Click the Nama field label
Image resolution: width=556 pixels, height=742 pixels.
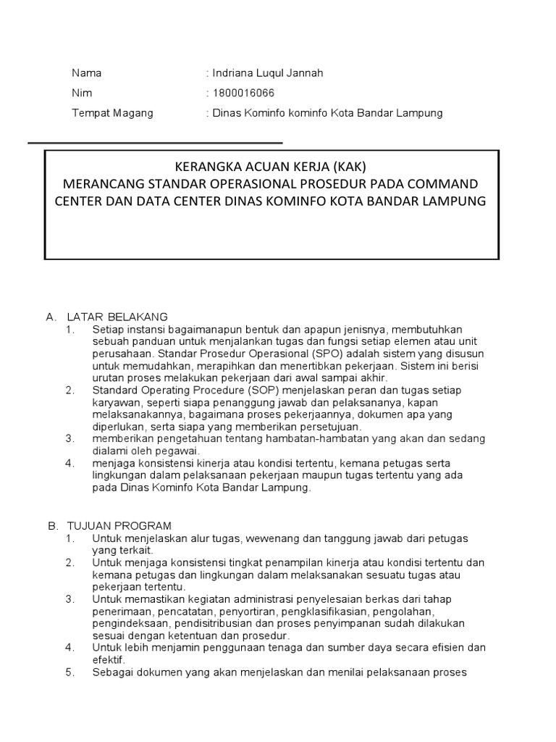(x=86, y=73)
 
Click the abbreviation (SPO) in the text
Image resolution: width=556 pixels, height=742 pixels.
(x=329, y=354)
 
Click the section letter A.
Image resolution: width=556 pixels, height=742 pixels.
(x=51, y=317)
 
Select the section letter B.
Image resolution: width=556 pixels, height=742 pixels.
(x=52, y=525)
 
